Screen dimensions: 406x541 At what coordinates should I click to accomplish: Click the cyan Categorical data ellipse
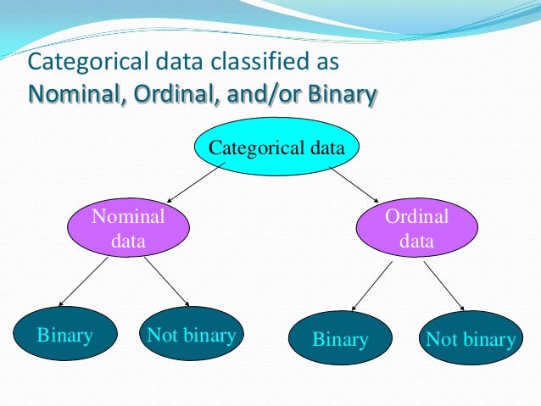276,147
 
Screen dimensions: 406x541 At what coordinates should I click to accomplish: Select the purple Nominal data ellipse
128,229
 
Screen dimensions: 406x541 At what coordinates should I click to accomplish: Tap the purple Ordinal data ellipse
416,229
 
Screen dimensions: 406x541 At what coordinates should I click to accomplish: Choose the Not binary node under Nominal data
191,335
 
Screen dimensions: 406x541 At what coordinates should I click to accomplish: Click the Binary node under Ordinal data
340,340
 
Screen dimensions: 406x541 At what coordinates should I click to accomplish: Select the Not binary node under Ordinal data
470,340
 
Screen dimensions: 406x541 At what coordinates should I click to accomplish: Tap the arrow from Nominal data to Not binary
166,281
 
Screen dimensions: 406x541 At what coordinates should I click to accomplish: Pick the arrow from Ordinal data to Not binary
444,286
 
